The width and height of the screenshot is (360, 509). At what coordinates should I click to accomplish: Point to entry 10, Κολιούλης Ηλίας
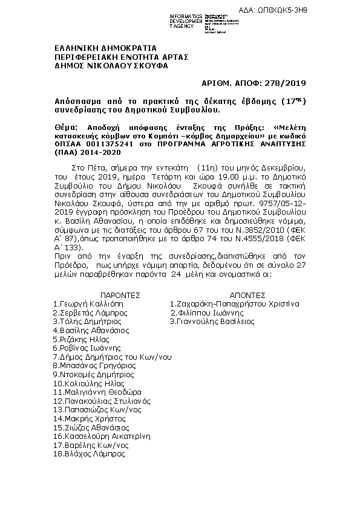[x=89, y=383]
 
